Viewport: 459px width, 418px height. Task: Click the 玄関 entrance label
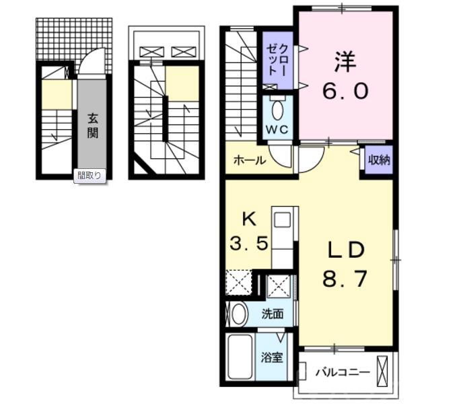(92, 124)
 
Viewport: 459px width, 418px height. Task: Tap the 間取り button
(90, 176)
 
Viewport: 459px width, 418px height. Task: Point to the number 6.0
(345, 91)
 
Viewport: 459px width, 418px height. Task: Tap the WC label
(276, 129)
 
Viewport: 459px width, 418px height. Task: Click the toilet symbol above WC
(277, 108)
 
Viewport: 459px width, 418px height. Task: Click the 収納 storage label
(379, 161)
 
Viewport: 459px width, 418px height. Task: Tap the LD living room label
(345, 250)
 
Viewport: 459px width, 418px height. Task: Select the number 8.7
(345, 279)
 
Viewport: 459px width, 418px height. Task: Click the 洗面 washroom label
(273, 314)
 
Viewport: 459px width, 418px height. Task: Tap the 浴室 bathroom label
(272, 357)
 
